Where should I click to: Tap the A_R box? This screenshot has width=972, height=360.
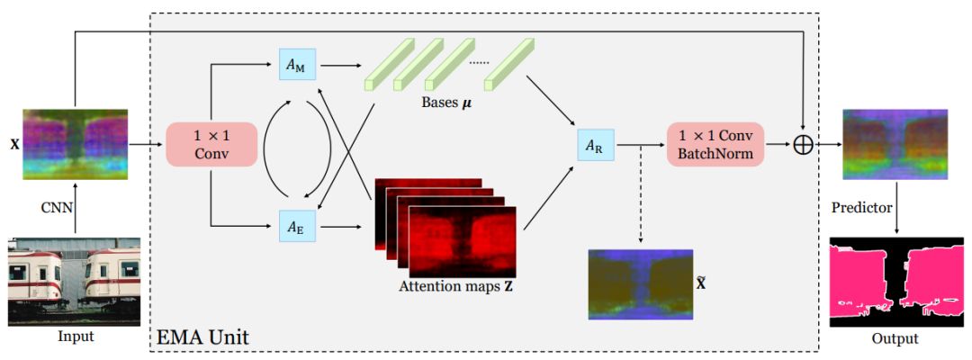pyautogui.click(x=595, y=144)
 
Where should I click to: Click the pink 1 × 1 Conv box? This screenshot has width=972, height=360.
pyautogui.click(x=212, y=144)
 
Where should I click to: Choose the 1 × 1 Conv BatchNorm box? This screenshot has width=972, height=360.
pyautogui.click(x=715, y=144)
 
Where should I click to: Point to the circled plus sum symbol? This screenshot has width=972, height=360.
pyautogui.click(x=803, y=145)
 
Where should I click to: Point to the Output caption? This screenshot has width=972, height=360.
pyautogui.click(x=894, y=338)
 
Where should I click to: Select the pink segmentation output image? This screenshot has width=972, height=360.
pyautogui.click(x=895, y=281)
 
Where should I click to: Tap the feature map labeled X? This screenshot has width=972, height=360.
pyautogui.click(x=75, y=142)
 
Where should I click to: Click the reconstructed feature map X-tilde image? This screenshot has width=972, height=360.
pyautogui.click(x=640, y=284)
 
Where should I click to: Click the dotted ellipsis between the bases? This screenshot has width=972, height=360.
pyautogui.click(x=478, y=62)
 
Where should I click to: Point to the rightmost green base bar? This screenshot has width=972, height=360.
pyautogui.click(x=509, y=63)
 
